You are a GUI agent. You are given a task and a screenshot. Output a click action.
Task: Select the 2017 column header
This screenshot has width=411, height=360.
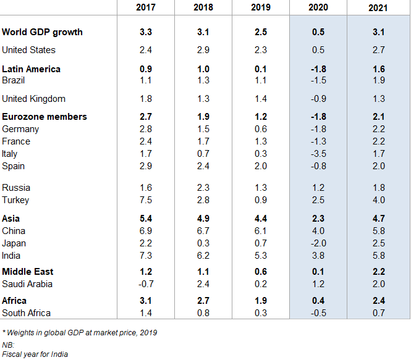[145, 8]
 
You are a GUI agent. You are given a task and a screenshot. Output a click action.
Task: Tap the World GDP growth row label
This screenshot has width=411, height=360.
[42, 32]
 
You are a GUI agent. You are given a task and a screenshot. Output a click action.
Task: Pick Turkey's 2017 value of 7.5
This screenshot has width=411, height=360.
[145, 200]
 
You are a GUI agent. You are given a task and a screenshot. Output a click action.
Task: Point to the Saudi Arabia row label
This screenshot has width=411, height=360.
[27, 284]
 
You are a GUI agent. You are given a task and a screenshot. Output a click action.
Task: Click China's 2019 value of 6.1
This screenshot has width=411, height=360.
[260, 231]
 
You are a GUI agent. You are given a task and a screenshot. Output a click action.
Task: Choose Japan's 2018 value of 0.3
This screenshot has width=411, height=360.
[203, 243]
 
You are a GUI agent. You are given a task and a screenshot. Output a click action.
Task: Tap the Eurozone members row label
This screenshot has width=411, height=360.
[44, 117]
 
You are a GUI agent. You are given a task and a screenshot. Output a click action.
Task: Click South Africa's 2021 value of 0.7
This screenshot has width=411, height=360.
[378, 313]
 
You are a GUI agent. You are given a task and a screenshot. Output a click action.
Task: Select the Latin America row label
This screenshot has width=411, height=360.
[31, 69]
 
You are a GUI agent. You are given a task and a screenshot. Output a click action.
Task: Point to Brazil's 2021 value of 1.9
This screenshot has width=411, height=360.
[378, 80]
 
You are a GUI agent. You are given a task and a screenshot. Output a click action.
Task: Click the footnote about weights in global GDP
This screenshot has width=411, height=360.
[79, 333]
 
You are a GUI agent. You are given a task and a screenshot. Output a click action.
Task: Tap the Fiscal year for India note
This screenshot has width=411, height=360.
[35, 354]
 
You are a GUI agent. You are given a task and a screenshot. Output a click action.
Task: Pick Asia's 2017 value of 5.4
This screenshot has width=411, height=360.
[145, 218]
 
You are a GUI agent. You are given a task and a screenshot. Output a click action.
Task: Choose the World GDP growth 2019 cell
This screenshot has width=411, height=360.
[260, 32]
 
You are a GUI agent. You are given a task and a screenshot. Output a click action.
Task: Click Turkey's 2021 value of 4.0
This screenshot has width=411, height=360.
[378, 200]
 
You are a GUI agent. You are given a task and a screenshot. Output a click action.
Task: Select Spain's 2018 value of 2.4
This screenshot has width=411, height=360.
[203, 166]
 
